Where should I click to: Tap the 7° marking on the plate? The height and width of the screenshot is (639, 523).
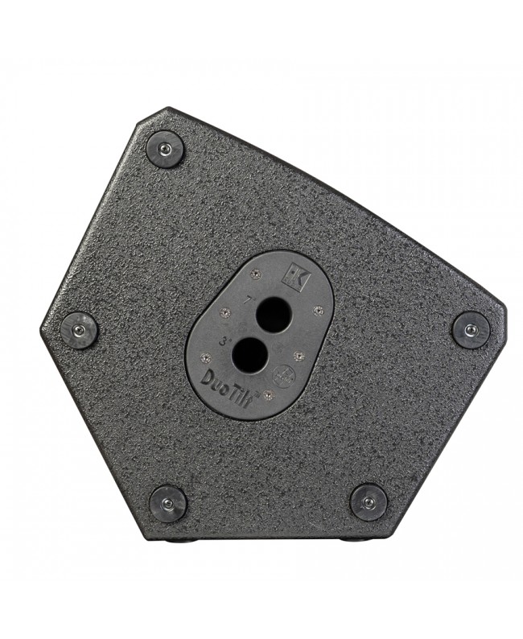click(249, 299)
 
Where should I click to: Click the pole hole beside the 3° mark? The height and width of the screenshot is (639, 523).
click(248, 351)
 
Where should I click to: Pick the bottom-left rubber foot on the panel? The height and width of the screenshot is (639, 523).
click(169, 502)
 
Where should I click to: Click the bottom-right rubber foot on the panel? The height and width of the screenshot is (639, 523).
click(368, 502)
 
